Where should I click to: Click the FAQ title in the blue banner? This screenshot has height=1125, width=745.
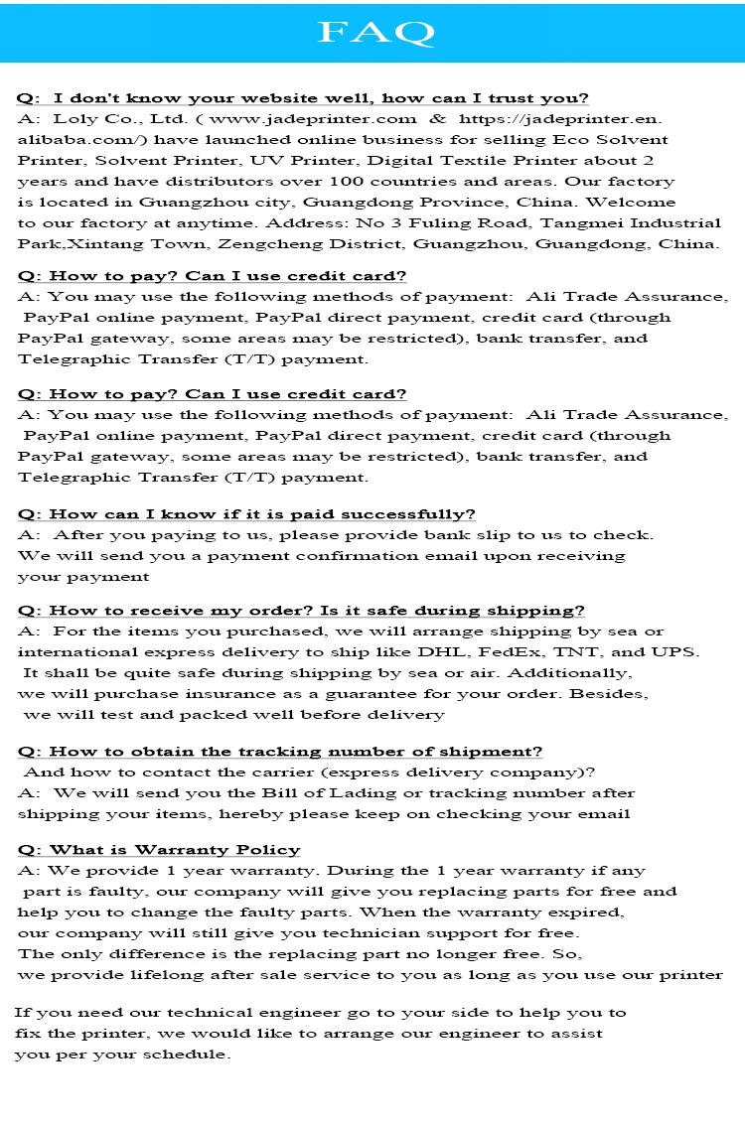[x=374, y=33]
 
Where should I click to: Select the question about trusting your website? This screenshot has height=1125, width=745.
[x=303, y=98]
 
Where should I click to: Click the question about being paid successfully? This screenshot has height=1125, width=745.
[x=246, y=514]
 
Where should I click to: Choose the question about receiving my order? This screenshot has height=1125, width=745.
[x=301, y=611]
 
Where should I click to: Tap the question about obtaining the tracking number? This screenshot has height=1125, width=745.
[x=280, y=753]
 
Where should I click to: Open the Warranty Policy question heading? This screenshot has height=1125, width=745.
[x=159, y=850]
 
